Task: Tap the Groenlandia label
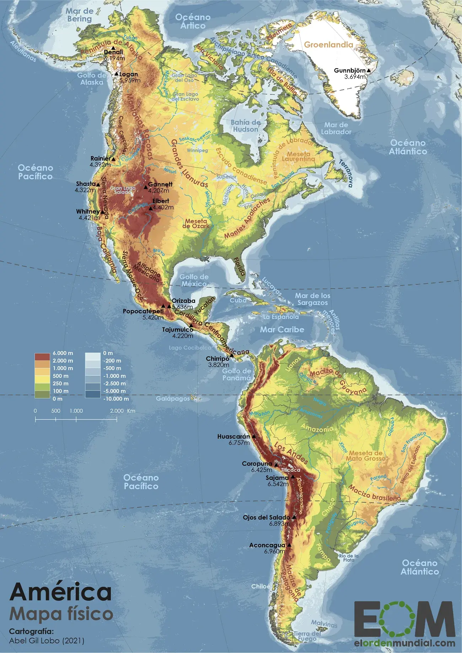(328, 45)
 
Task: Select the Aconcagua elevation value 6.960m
(274, 551)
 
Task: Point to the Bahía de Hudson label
(246, 126)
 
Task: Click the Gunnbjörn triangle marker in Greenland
(369, 71)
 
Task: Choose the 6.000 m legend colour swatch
(42, 357)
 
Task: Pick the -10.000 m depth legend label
(116, 399)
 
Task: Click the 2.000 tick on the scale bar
(117, 411)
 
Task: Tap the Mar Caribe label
(282, 330)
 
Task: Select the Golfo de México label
(194, 280)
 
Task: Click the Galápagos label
(173, 398)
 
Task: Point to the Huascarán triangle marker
(254, 436)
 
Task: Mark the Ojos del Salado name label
(267, 518)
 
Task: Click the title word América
(61, 592)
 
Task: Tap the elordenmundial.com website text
(404, 643)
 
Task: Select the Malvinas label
(324, 623)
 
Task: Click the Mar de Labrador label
(336, 128)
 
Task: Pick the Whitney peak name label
(88, 212)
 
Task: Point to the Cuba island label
(238, 300)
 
